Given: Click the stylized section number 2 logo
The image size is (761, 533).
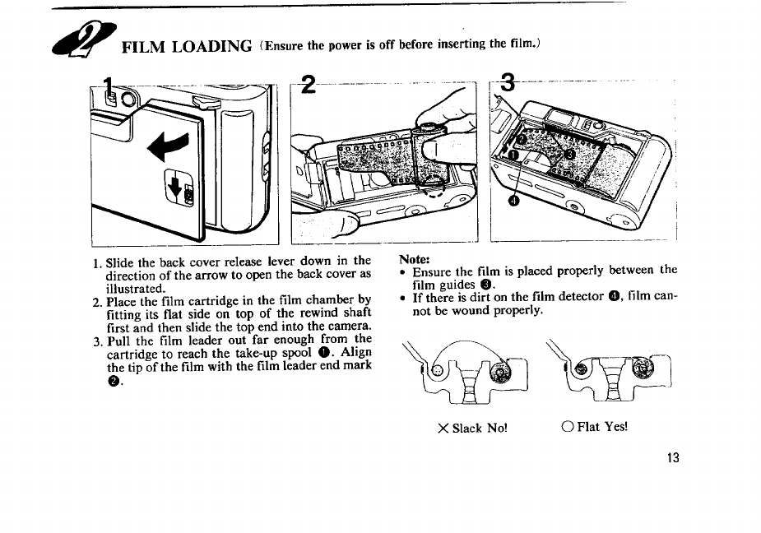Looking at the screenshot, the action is click(x=83, y=39).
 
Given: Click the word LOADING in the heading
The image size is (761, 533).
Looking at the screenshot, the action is click(x=212, y=47).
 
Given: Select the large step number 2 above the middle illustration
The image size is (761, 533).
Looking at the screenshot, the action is click(x=308, y=85).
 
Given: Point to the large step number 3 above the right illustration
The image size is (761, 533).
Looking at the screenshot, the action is click(x=507, y=82).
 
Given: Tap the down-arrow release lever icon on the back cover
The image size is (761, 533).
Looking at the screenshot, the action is click(x=180, y=188).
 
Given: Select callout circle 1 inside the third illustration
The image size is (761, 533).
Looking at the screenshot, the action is click(x=513, y=155).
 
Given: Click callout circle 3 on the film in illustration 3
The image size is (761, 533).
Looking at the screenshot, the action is click(x=571, y=155).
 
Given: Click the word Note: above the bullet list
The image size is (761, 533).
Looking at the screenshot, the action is click(x=415, y=259).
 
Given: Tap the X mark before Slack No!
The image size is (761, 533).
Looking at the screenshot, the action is click(x=443, y=429).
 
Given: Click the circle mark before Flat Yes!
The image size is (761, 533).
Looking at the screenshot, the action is click(x=567, y=427).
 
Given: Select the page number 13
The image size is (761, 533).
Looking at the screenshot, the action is click(x=673, y=458).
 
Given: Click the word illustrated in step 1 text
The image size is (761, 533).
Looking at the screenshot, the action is click(x=134, y=289).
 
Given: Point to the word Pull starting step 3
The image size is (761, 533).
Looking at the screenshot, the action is click(x=118, y=341).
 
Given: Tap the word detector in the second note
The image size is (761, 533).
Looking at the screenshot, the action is click(x=579, y=296).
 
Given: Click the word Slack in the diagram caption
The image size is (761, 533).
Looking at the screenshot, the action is click(x=467, y=429).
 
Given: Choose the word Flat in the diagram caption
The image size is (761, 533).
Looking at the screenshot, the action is click(x=588, y=427).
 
